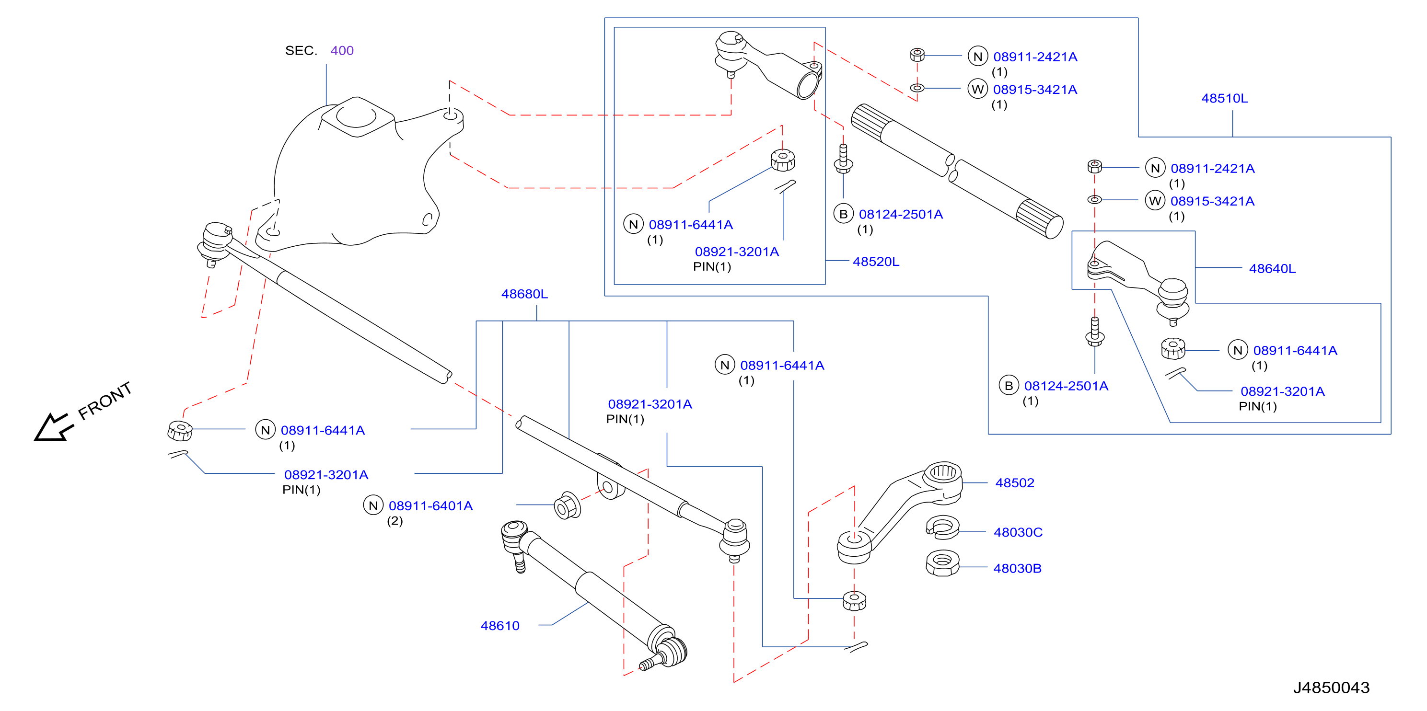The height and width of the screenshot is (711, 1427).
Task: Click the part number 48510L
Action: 1224,99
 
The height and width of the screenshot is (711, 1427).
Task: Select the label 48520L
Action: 876,262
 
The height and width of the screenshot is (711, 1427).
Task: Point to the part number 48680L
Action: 524,294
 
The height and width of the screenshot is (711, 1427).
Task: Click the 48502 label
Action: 1014,483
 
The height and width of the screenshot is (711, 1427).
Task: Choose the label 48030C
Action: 1018,532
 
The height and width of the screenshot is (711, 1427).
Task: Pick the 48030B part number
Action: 1017,569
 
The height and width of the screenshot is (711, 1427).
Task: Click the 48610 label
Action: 499,626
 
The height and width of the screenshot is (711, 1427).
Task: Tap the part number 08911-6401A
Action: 430,505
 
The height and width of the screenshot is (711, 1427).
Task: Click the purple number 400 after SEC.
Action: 342,51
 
